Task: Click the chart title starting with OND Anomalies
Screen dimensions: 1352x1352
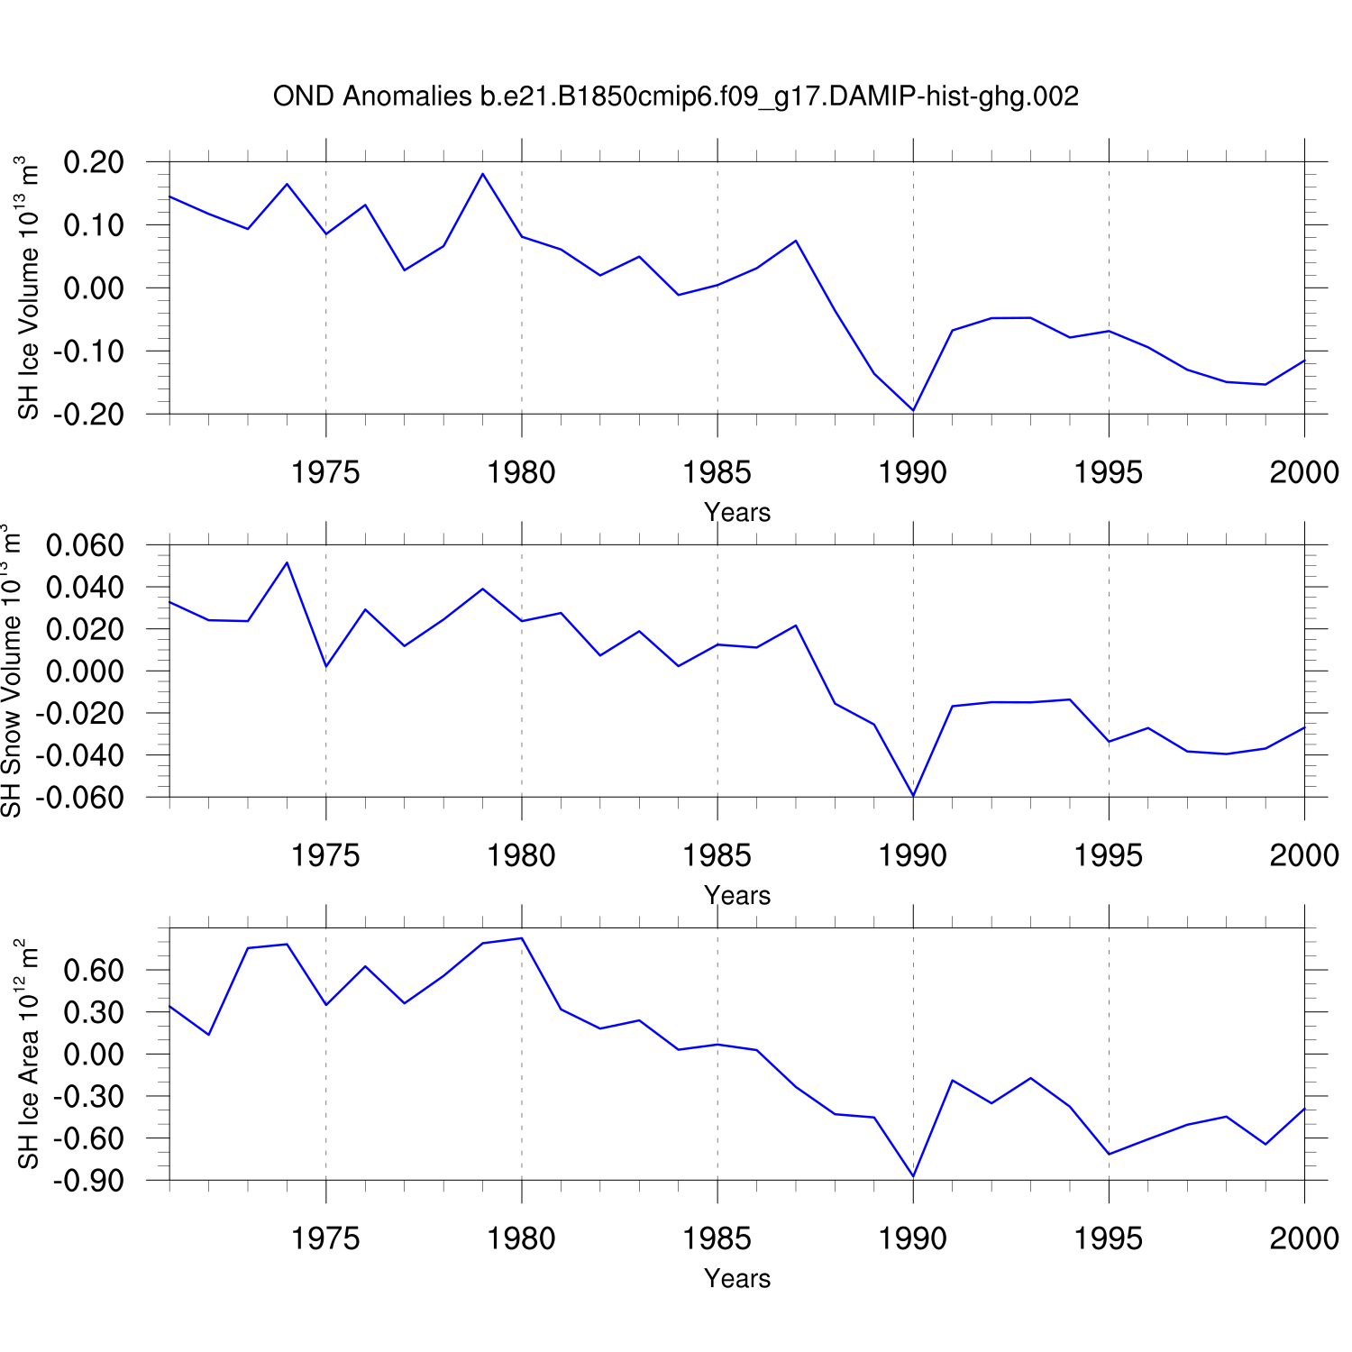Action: pos(675,96)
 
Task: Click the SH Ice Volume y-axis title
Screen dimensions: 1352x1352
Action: pos(29,288)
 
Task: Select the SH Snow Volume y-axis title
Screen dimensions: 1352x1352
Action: pos(11,671)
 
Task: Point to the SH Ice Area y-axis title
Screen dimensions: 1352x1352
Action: pos(29,1054)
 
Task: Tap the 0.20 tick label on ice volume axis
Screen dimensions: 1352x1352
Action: pos(94,162)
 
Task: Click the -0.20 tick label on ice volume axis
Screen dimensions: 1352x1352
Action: pos(88,415)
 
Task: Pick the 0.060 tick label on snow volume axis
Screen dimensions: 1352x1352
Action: pos(85,545)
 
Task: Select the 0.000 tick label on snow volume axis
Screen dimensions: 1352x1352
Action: pos(85,671)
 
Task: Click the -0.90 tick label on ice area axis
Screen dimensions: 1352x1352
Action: pos(88,1181)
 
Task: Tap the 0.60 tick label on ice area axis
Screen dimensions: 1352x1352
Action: pos(94,971)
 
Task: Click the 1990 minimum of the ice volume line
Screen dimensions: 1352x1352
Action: pos(913,410)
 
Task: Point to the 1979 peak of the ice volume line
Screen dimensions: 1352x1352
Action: pos(483,174)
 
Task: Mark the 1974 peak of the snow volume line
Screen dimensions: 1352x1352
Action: pos(287,562)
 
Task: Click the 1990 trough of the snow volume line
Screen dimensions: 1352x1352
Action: pos(913,796)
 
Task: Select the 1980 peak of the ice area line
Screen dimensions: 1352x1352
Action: pos(522,938)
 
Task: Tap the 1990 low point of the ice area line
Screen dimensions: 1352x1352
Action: pos(913,1176)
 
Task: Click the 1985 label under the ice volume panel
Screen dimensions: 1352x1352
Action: pos(717,472)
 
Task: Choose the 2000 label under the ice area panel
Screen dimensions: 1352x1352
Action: pos(1304,1238)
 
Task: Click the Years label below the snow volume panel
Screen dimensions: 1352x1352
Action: pos(737,895)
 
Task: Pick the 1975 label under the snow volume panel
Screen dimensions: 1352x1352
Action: pos(325,855)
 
